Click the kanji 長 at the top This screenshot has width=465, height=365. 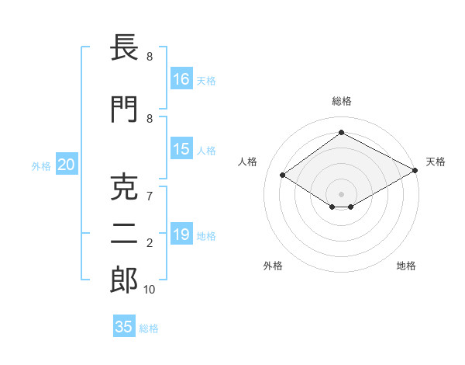[x=124, y=47]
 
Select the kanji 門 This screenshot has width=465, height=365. [x=124, y=109]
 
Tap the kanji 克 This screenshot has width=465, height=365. [x=124, y=187]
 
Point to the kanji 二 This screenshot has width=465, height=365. [x=124, y=234]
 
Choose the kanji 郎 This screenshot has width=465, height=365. [x=124, y=280]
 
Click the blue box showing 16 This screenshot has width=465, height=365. [x=181, y=78]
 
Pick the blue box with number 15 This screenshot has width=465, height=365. [x=181, y=148]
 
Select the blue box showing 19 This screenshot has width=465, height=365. [x=181, y=233]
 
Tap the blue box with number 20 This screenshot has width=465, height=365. [x=67, y=164]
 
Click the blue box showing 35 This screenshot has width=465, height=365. [x=124, y=325]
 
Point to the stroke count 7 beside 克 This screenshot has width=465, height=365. [x=150, y=196]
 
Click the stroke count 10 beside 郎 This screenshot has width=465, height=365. [x=149, y=290]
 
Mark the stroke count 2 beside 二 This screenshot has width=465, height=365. [x=150, y=243]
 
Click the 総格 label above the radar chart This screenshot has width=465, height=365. [x=342, y=101]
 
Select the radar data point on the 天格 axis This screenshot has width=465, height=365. [x=415, y=170]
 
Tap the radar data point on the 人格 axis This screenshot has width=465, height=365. [x=283, y=175]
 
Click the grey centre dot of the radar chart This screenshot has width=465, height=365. [x=341, y=194]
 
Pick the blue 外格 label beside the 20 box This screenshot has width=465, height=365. [x=41, y=166]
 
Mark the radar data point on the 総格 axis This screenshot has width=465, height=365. [x=341, y=132]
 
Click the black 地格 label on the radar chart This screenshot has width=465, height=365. [x=406, y=266]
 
